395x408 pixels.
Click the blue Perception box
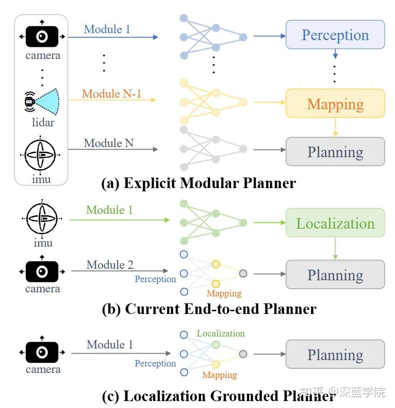pyautogui.click(x=335, y=35)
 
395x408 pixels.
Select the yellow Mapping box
pyautogui.click(x=335, y=104)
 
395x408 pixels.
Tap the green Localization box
pyautogui.click(x=335, y=223)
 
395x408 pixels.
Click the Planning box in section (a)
pyautogui.click(x=335, y=152)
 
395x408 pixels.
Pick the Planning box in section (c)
pyautogui.click(x=335, y=355)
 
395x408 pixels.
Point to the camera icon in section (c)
pyautogui.click(x=42, y=353)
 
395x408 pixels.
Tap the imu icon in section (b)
pyautogui.click(x=42, y=218)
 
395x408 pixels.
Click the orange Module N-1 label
pyautogui.click(x=112, y=94)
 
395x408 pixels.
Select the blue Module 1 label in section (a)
pyautogui.click(x=107, y=30)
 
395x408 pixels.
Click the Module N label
pyautogui.click(x=109, y=143)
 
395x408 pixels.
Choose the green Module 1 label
pyautogui.click(x=109, y=210)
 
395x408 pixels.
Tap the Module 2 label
pyautogui.click(x=110, y=265)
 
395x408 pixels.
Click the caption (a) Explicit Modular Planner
pyautogui.click(x=198, y=183)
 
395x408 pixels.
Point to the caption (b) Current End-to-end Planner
pyautogui.click(x=209, y=308)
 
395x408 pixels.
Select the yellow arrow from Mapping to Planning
pyautogui.click(x=335, y=127)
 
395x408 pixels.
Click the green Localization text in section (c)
pyautogui.click(x=220, y=333)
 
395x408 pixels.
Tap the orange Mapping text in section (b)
pyautogui.click(x=224, y=294)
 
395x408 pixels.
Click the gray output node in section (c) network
pyautogui.click(x=243, y=354)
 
